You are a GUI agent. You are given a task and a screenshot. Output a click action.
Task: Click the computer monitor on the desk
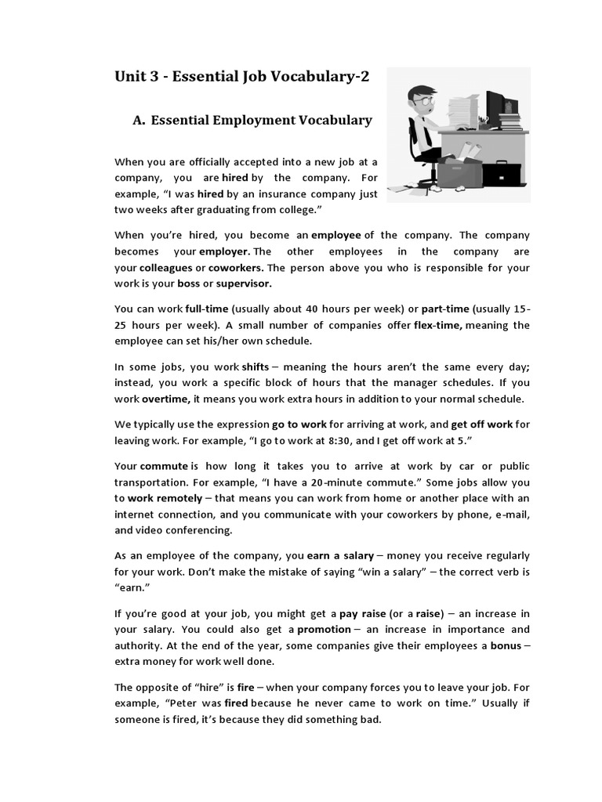click(x=496, y=107)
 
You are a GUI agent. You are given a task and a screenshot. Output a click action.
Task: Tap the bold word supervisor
click(x=244, y=284)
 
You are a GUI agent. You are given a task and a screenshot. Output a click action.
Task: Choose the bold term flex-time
click(x=438, y=325)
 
